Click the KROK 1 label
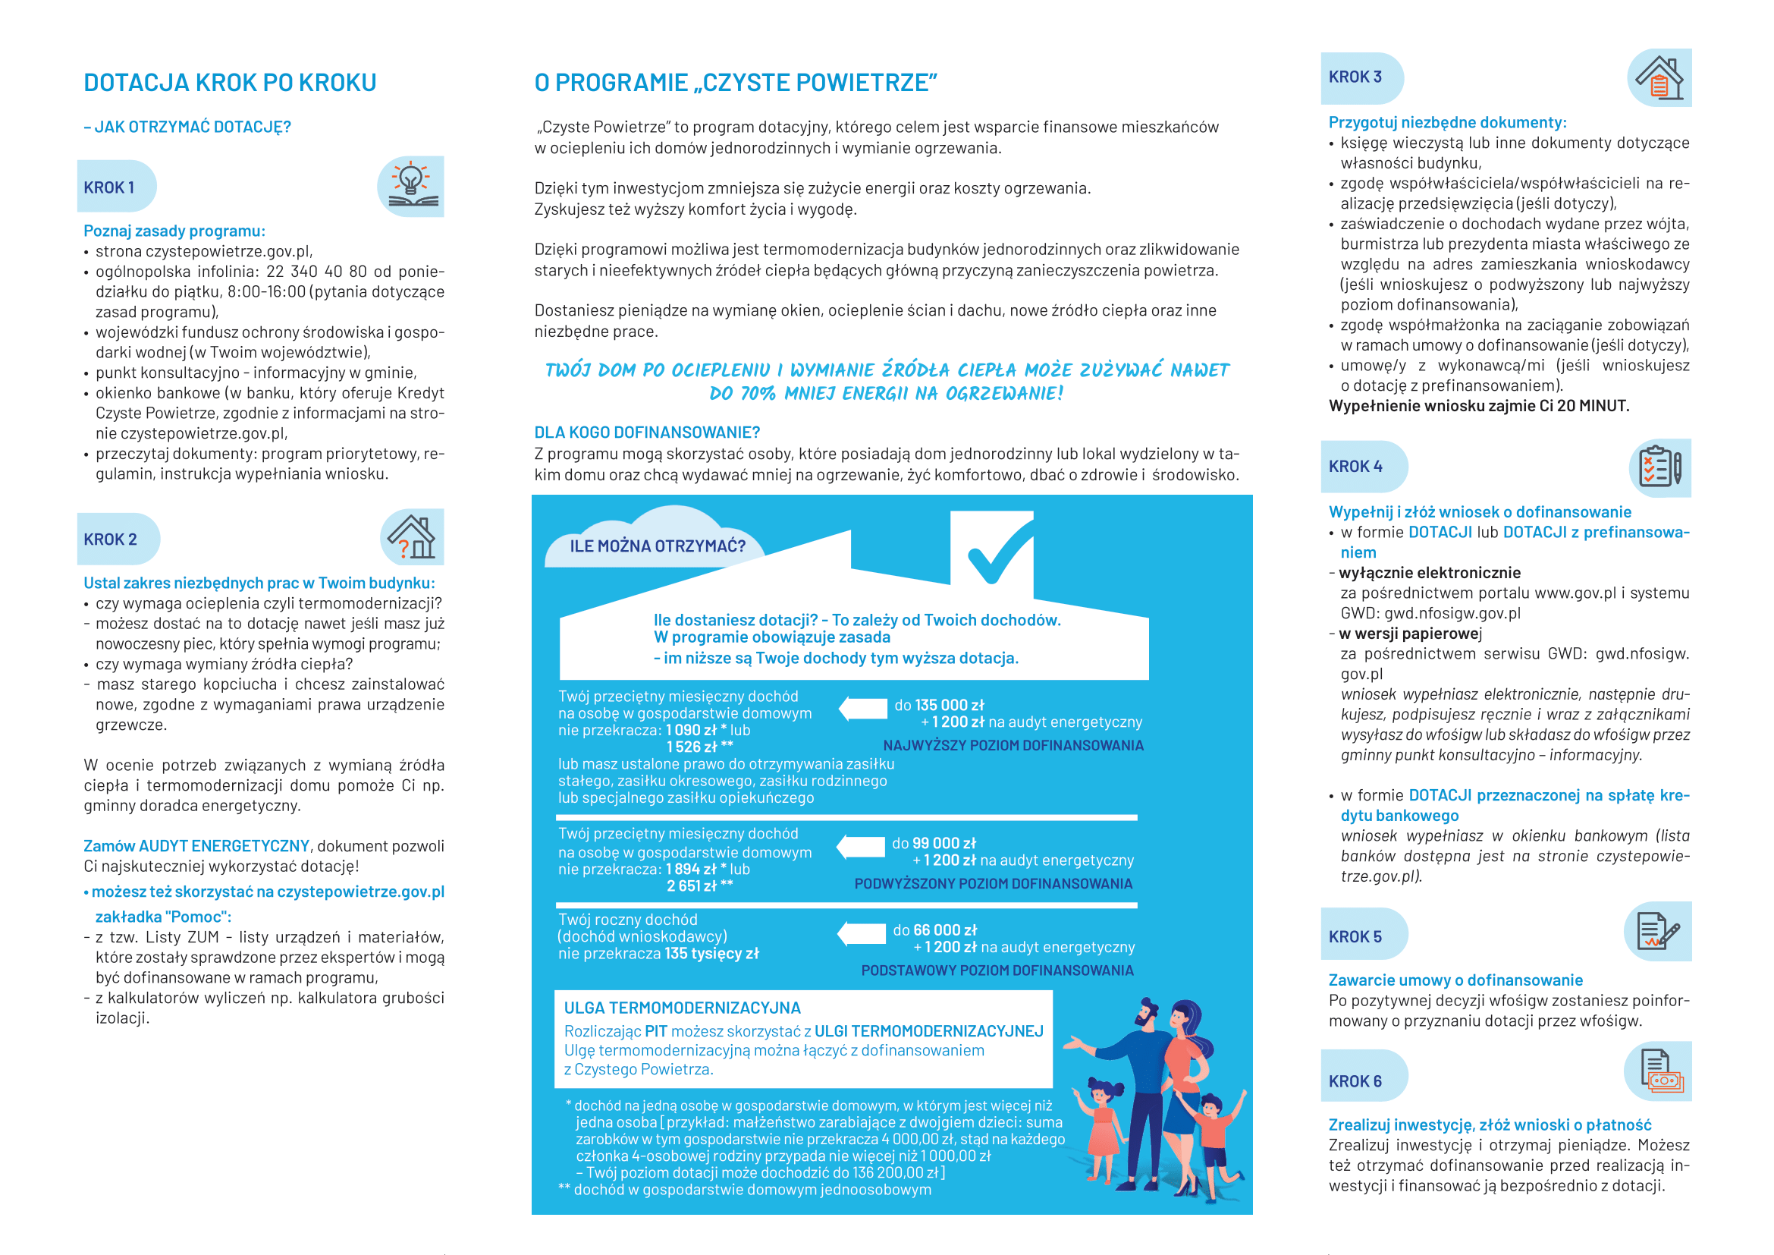(109, 187)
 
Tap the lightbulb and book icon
(412, 186)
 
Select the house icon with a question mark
(413, 537)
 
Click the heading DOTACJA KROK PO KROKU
(230, 83)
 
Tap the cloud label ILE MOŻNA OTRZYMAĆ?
(658, 546)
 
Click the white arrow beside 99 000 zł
(862, 846)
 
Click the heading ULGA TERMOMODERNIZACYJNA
(683, 1008)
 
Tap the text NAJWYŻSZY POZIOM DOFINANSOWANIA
(1013, 745)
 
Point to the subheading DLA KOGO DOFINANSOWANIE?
(647, 432)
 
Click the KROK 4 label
(1355, 467)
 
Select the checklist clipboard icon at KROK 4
(1659, 467)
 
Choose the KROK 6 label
(1355, 1081)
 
